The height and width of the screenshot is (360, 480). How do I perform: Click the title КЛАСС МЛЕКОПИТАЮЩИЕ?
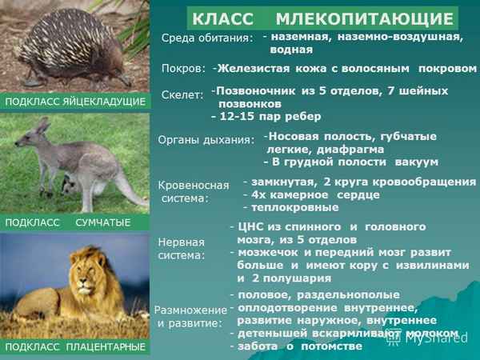pos(322,18)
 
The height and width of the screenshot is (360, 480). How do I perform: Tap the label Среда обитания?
pos(207,38)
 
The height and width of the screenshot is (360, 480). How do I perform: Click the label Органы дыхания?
pos(206,139)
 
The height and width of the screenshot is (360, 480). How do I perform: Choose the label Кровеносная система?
pos(194,190)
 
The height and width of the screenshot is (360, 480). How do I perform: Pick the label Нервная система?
pos(182,248)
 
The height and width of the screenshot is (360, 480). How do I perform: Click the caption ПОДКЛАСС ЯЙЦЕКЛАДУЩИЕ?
pos(75,102)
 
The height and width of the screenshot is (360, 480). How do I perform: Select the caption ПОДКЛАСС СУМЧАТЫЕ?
pos(67,222)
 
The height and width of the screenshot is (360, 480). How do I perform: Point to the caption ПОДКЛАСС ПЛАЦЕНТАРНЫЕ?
pos(75,346)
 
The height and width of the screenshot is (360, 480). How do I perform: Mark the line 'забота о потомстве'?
pos(301,346)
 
